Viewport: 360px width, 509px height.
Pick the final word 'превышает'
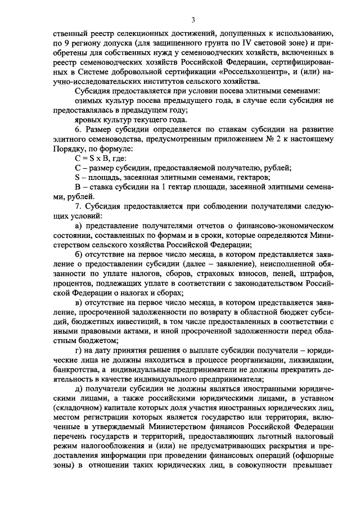click(315, 469)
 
